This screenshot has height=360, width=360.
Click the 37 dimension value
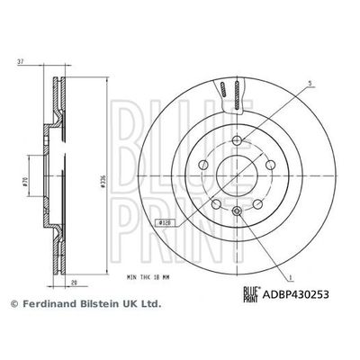(21, 62)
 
